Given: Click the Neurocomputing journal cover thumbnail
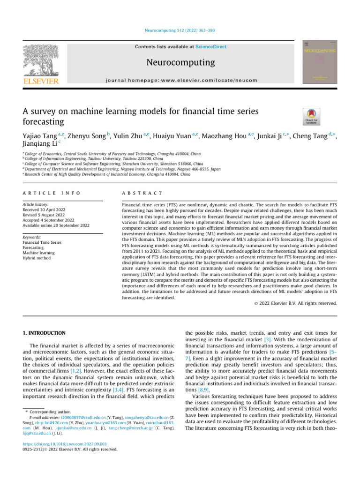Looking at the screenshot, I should click(x=320, y=62).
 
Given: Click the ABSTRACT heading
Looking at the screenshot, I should click(x=142, y=193).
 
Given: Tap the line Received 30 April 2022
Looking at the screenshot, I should click(x=46, y=210).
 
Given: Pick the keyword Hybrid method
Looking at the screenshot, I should click(x=37, y=258).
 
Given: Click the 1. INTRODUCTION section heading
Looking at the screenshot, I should click(x=44, y=333).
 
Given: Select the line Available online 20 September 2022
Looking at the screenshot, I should click(x=56, y=225).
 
